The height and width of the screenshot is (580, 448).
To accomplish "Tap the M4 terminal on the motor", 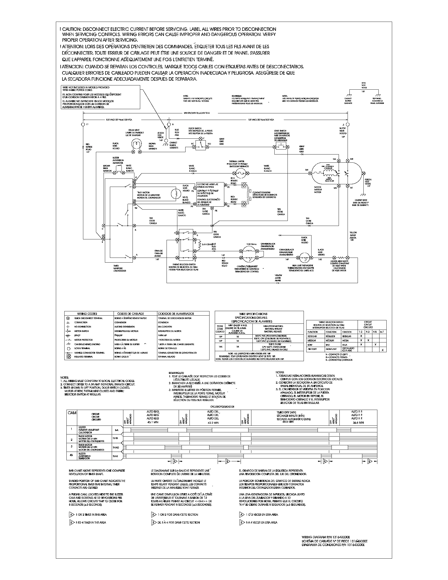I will point(310,173).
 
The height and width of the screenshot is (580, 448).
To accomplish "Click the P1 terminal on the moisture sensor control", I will point(225,184).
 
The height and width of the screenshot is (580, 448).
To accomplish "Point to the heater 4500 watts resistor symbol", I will point(341,258).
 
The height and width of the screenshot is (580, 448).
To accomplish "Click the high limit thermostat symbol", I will point(303,257).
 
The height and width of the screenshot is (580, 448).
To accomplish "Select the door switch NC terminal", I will point(193,147).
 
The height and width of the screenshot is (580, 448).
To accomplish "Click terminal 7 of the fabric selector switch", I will point(177,233).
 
